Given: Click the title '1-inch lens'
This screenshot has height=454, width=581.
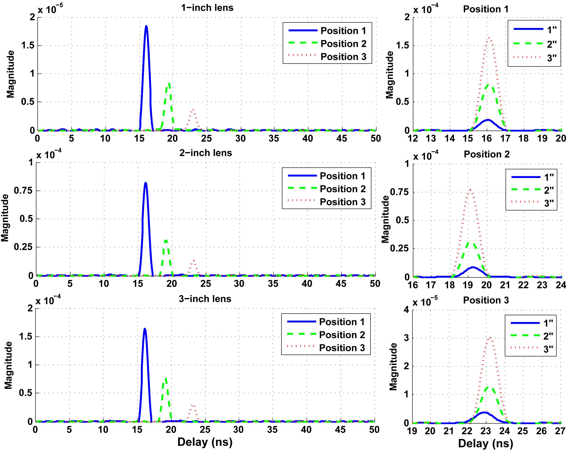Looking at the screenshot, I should [x=207, y=8].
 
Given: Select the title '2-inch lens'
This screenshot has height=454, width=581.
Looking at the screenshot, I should [x=206, y=153].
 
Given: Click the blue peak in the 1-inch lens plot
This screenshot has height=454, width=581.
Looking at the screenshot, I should [x=146, y=26].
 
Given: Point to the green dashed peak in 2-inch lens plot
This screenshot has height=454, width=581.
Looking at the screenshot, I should [x=166, y=241].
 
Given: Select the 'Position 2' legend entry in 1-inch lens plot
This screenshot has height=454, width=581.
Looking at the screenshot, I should [x=343, y=44].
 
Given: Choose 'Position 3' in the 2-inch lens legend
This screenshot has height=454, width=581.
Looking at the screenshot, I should [x=343, y=202].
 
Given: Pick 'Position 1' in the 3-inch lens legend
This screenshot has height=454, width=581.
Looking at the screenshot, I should [x=342, y=322].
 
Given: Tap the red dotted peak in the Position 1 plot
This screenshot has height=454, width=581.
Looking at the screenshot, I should [x=489, y=38].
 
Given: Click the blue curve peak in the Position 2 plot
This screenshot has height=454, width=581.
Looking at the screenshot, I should [x=473, y=267].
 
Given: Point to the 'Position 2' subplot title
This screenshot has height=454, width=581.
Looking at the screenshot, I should [x=487, y=154].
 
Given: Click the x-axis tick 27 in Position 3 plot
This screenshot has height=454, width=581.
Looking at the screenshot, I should [x=560, y=431].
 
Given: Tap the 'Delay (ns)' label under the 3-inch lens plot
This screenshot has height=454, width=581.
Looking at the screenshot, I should [x=205, y=442].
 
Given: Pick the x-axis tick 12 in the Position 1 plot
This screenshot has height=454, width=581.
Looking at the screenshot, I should [x=413, y=138].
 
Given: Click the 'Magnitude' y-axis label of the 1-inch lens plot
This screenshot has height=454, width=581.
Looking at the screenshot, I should [x=10, y=74].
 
